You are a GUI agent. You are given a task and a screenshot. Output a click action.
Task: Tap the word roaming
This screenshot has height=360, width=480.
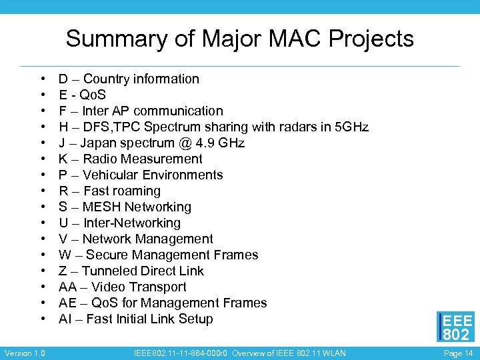(x=137, y=191)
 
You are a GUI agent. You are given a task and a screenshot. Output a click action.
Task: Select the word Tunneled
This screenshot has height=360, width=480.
(x=110, y=271)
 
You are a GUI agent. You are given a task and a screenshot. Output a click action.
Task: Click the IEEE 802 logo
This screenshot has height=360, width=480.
(x=456, y=327)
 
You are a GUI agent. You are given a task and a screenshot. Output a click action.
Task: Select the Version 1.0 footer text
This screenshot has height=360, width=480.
(x=25, y=353)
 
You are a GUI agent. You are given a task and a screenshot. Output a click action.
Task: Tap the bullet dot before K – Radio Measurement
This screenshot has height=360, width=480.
(x=43, y=159)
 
